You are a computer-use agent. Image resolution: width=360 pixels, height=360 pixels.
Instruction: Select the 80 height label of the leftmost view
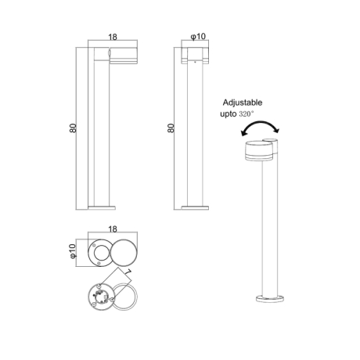click(74, 128)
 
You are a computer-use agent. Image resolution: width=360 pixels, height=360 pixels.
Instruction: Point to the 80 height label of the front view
click(171, 128)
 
